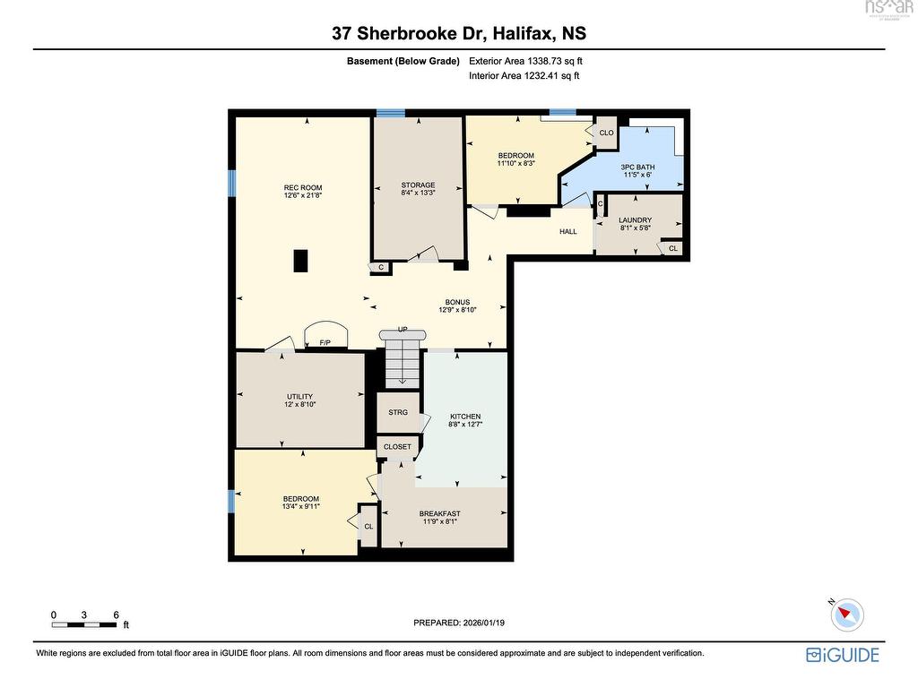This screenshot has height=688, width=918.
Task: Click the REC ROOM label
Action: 302,188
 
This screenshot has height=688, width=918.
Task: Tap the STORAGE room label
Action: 418,185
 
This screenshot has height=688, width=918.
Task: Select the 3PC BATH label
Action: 637,168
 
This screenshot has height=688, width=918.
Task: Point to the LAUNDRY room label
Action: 635,219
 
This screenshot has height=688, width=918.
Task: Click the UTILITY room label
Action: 299,397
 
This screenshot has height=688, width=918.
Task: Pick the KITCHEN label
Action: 465,417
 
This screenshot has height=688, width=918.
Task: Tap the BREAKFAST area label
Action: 439,514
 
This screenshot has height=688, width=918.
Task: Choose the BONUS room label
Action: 457,303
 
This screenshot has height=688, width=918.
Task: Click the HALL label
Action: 568,232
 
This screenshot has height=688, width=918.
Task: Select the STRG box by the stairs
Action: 398,412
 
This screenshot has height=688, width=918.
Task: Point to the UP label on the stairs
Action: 403,330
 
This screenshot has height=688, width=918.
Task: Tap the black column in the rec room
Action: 302,260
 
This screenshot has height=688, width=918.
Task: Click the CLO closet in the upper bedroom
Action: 607,133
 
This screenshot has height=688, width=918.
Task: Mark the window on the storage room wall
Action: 390,113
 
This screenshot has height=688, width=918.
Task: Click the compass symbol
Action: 846,615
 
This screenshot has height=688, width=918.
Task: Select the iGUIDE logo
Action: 843,655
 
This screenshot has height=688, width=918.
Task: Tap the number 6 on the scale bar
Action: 117,615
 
